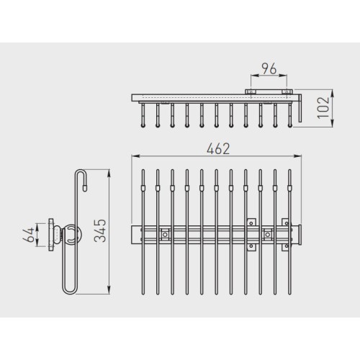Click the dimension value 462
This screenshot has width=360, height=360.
click(218, 149)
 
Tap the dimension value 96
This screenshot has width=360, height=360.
click(269, 68)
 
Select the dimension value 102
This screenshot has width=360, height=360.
click(323, 107)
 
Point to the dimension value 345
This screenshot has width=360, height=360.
click(100, 230)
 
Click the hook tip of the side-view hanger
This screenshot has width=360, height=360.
click(84, 189)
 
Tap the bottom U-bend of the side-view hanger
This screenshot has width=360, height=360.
click(70, 291)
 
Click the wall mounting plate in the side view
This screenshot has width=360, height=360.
click(52, 235)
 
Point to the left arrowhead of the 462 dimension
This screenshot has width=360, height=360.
click(135, 156)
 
